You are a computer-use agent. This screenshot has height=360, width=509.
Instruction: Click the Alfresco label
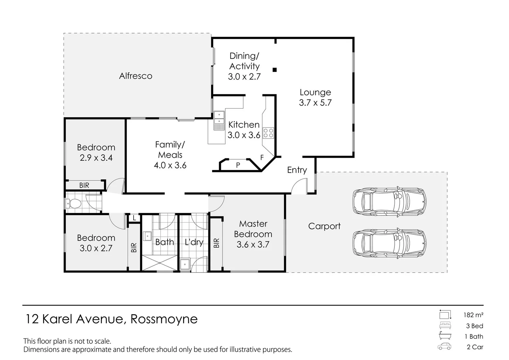136,76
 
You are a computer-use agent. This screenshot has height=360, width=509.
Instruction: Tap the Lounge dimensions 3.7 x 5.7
315,103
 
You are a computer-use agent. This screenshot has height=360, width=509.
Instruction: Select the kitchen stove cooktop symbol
268,133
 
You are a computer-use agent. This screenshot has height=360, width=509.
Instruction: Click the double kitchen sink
219,121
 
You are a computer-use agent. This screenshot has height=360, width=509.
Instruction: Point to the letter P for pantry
238,165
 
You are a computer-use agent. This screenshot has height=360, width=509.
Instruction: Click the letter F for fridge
262,157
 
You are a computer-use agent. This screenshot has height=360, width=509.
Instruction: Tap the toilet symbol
73,204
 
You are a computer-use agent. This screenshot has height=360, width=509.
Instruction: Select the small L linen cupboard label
134,218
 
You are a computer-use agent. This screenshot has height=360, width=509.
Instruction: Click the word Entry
297,170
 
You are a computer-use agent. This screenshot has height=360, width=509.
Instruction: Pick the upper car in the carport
389,202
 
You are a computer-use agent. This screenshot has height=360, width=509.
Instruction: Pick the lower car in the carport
389,243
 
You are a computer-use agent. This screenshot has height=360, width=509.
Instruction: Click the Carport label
324,226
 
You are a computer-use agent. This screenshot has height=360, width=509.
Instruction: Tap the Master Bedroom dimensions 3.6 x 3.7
253,244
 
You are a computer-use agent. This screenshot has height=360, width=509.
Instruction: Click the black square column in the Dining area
275,70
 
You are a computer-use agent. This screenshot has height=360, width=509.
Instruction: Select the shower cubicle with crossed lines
160,263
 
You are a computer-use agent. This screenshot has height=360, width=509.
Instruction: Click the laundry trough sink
185,264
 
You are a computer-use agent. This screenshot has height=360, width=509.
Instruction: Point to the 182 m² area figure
473,315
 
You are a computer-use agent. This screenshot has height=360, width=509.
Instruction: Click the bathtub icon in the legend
445,336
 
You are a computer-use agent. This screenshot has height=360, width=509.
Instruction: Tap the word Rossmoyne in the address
164,319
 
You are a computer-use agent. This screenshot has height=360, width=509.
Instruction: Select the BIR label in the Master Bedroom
217,243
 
